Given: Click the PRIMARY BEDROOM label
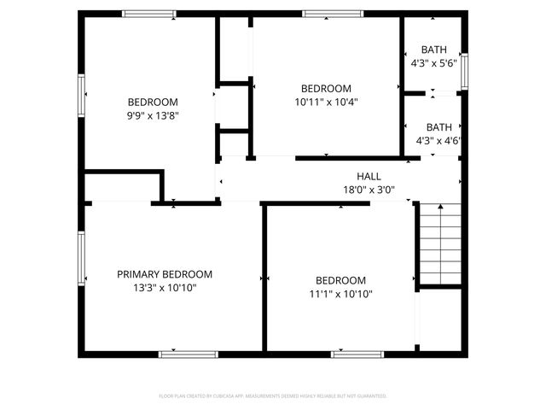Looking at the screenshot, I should tap(165, 274).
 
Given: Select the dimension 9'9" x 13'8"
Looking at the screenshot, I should tap(153, 115).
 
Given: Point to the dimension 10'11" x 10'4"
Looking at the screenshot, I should tap(326, 102).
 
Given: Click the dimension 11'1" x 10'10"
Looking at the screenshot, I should tap(340, 294).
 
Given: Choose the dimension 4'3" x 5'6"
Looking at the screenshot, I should tap(434, 63).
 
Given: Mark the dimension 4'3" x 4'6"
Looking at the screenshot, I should tap(439, 140).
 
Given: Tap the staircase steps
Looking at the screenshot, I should tap(440, 243).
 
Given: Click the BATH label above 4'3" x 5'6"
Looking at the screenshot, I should tap(434, 50).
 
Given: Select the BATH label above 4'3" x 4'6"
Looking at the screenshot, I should tap(439, 126).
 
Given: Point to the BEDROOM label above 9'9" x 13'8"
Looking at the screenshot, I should tap(153, 102).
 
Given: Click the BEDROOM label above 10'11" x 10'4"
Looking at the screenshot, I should tap(326, 88).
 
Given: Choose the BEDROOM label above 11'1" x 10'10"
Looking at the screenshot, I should tap(340, 280).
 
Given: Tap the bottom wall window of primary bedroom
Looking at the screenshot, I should tap(183, 354).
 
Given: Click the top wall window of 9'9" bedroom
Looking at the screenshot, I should tap(148, 13).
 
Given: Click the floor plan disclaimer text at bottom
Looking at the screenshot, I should tap(273, 396).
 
